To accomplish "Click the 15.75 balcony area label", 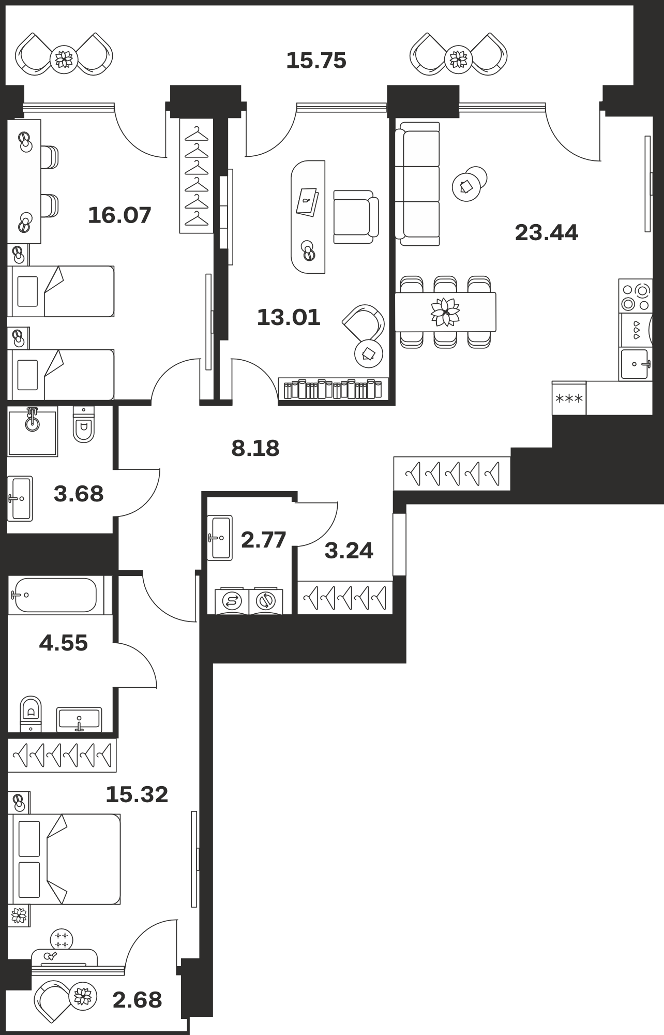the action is (x=316, y=61).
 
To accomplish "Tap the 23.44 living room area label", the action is (x=547, y=232).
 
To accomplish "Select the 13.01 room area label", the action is (x=289, y=317).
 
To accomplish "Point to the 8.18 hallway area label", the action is (x=255, y=448).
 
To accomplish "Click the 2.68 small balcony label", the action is (x=137, y=1000).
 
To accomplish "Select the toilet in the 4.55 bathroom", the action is (x=31, y=714).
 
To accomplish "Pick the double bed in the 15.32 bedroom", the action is (x=65, y=859).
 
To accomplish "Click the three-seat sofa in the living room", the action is (x=417, y=184).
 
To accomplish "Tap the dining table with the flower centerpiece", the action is (x=445, y=312).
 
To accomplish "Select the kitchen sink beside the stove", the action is (x=636, y=364).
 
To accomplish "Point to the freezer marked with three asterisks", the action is (x=569, y=398).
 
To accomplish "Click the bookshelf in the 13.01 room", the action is (x=334, y=389).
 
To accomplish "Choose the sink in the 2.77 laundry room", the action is (x=220, y=538).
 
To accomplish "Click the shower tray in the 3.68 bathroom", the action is (x=32, y=431).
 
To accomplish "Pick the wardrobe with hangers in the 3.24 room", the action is (x=345, y=598).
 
